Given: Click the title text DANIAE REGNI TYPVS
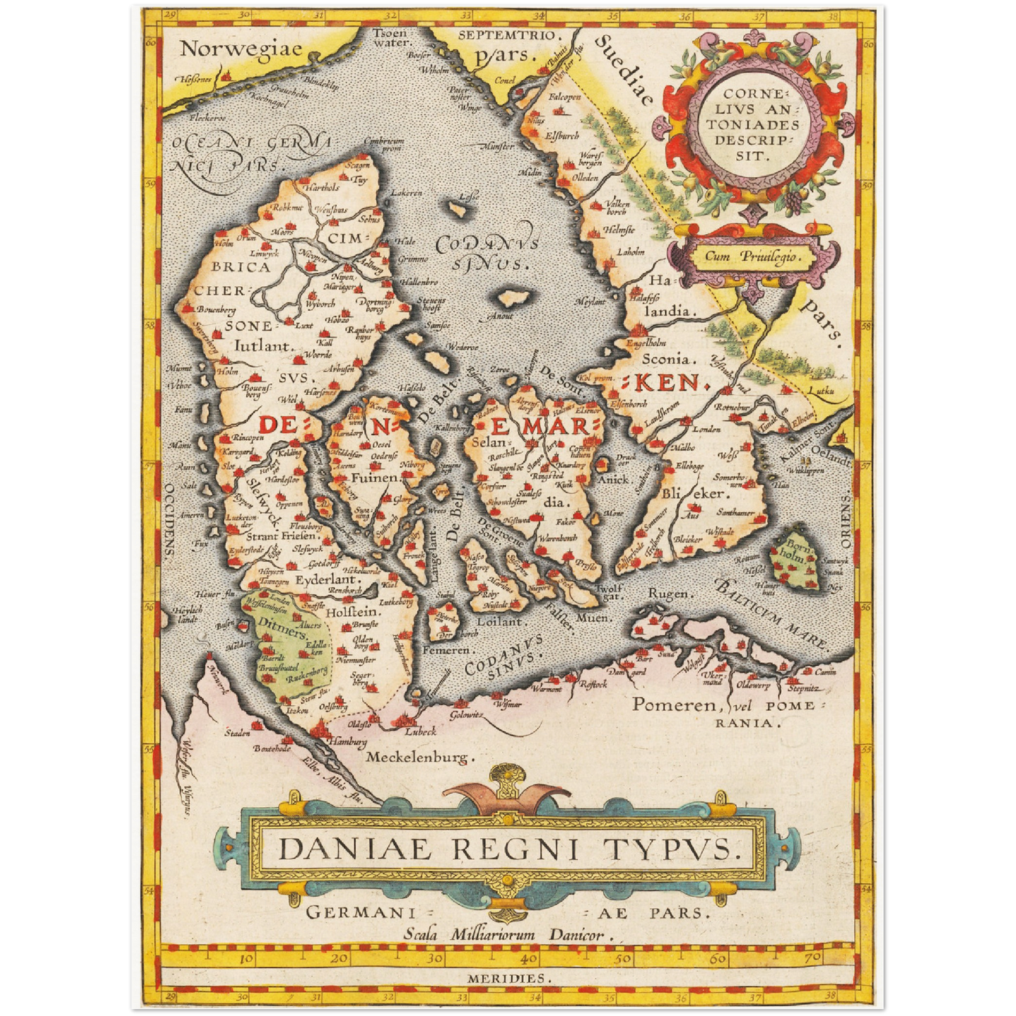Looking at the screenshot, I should [x=509, y=849].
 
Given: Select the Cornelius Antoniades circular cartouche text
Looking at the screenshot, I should [x=752, y=124].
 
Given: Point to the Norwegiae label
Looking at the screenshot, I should [x=240, y=49].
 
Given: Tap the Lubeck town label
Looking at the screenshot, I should [x=420, y=731].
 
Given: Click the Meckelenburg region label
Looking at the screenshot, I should [x=420, y=757].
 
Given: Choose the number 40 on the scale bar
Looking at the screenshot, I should [x=529, y=958].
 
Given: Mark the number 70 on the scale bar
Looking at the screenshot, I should [x=813, y=958].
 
